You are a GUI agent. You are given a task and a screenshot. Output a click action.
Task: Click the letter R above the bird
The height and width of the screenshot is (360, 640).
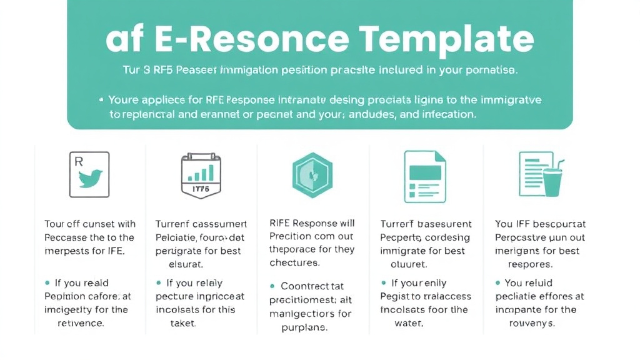pyautogui.click(x=79, y=161)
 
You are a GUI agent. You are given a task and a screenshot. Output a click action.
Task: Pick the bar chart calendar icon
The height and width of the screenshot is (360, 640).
pyautogui.click(x=201, y=176)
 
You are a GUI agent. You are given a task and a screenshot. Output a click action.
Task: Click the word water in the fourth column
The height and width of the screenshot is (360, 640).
pyautogui.click(x=409, y=323)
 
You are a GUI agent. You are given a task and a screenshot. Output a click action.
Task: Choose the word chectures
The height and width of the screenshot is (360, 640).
pyautogui.click(x=294, y=263)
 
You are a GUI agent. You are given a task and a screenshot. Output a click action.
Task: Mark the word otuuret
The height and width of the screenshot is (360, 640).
pyautogui.click(x=410, y=263)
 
